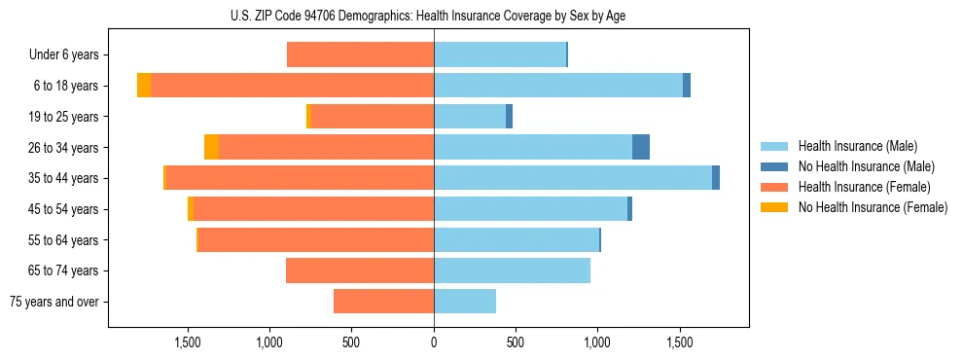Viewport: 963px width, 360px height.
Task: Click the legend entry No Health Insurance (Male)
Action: (x=866, y=166)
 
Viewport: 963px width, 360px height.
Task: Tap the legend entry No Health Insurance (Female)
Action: (x=873, y=207)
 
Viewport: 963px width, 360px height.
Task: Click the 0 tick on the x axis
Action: (x=434, y=342)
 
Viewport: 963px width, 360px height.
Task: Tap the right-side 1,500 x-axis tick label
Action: (x=680, y=342)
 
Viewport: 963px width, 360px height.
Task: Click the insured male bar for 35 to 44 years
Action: (x=573, y=178)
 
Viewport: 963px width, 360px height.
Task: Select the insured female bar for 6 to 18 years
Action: (x=292, y=86)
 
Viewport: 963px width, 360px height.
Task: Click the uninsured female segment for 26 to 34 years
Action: (x=211, y=147)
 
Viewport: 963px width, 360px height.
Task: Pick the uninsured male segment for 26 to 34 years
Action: (x=641, y=147)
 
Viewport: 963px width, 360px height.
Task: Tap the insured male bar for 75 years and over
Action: (x=465, y=302)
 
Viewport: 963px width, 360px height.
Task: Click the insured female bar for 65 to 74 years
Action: (x=360, y=270)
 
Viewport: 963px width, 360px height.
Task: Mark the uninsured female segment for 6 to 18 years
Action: (x=144, y=86)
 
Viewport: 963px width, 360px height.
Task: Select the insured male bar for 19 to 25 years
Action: (x=470, y=117)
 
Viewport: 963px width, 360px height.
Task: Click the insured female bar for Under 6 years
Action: (x=360, y=55)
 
